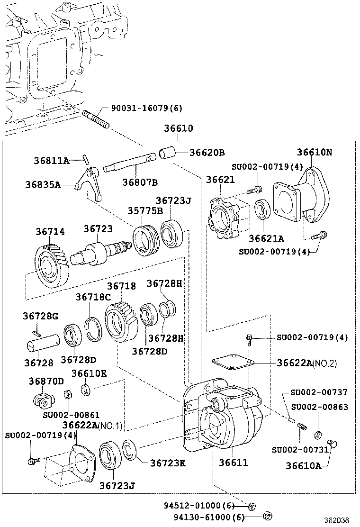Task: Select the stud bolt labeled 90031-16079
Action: click(x=96, y=120)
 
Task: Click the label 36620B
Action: click(x=207, y=153)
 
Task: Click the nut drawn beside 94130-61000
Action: click(x=267, y=516)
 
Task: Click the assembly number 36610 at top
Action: click(x=178, y=128)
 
